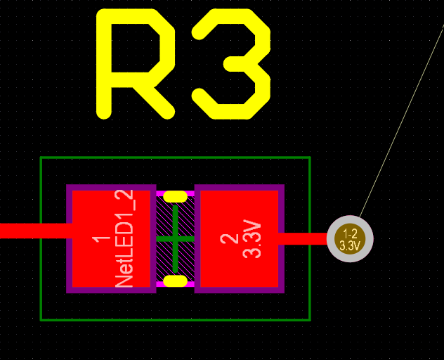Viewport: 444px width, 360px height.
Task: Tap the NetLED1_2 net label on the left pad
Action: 124,238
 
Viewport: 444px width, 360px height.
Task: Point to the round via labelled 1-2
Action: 350,238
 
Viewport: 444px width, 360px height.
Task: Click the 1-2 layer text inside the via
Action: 350,234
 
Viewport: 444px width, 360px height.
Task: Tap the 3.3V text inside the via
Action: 350,245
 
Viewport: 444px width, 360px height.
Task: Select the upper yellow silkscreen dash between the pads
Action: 175,196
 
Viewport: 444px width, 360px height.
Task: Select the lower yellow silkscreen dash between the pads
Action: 175,281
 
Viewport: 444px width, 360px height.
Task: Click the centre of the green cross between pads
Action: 175,239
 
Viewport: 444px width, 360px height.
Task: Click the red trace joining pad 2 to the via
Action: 302,238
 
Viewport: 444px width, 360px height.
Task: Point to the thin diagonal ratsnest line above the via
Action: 401,122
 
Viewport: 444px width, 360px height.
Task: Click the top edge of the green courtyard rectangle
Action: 176,157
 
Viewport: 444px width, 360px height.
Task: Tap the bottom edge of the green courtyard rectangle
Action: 176,320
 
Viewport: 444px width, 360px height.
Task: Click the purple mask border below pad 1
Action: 111,290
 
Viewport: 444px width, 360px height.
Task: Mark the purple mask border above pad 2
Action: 240,187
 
